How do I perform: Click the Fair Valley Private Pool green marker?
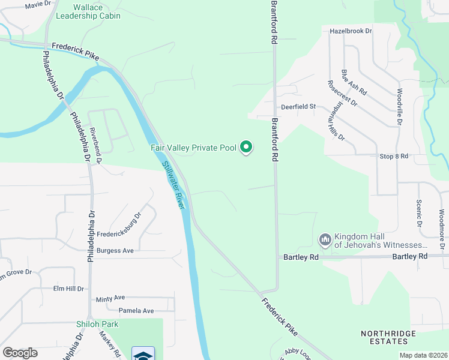point(246,146)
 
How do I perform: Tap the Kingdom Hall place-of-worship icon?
point(325,240)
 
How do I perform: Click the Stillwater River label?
point(172,185)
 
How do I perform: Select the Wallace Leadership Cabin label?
point(88,11)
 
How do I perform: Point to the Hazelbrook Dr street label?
point(351,31)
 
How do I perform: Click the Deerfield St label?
point(299,107)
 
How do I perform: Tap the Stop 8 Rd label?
point(394,156)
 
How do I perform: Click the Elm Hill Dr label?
point(68,289)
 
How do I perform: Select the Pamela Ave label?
point(136,311)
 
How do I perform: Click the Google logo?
point(20,353)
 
